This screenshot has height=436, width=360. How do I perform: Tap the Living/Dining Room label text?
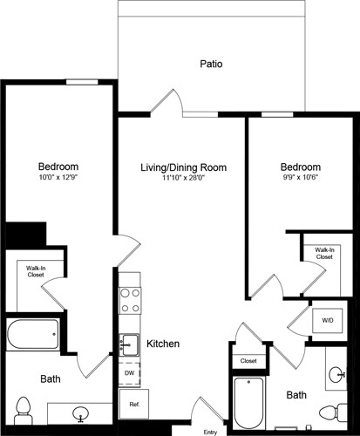183,167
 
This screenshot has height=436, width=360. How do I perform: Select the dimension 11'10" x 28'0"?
183,179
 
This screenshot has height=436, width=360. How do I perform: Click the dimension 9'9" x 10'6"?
300,179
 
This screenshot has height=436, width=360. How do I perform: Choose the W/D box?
328,320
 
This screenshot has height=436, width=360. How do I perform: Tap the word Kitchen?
163,344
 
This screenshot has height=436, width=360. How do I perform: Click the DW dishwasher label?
129,372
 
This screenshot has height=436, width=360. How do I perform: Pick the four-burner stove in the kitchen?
130,298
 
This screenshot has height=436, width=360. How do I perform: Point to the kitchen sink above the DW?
129,344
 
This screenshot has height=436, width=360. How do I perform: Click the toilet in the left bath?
24,409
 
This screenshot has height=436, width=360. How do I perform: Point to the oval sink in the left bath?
80,412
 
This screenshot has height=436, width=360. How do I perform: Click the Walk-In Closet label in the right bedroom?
323,253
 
